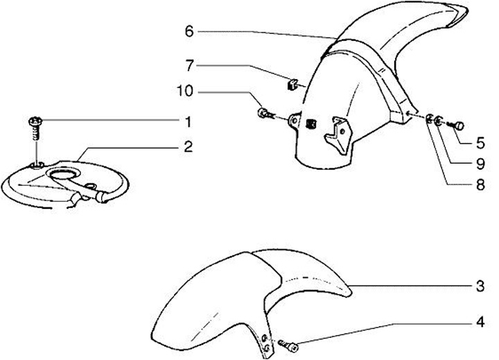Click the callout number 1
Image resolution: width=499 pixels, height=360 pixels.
tap(189, 122)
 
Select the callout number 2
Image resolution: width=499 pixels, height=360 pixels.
tap(189, 147)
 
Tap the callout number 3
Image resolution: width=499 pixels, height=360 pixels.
tap(480, 286)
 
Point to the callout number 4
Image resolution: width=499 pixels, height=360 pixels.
tap(480, 322)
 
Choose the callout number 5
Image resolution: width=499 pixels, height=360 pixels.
tap(480, 143)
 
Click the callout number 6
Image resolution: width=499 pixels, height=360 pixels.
tap(189, 31)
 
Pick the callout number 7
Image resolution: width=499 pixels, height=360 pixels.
tap(190, 66)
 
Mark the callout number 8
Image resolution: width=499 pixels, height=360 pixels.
tap(480, 185)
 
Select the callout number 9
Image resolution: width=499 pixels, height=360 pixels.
tap(480, 164)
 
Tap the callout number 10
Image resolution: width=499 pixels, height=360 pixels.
tap(185, 91)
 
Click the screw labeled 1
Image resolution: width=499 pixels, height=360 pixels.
tap(35, 128)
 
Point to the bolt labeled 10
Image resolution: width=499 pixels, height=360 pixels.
tap(265, 113)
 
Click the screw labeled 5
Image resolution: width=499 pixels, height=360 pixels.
tap(457, 126)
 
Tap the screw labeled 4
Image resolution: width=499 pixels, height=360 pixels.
tap(288, 345)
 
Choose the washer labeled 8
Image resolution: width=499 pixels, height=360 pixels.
tap(430, 119)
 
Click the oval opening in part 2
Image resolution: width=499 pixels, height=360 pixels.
tap(62, 174)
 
